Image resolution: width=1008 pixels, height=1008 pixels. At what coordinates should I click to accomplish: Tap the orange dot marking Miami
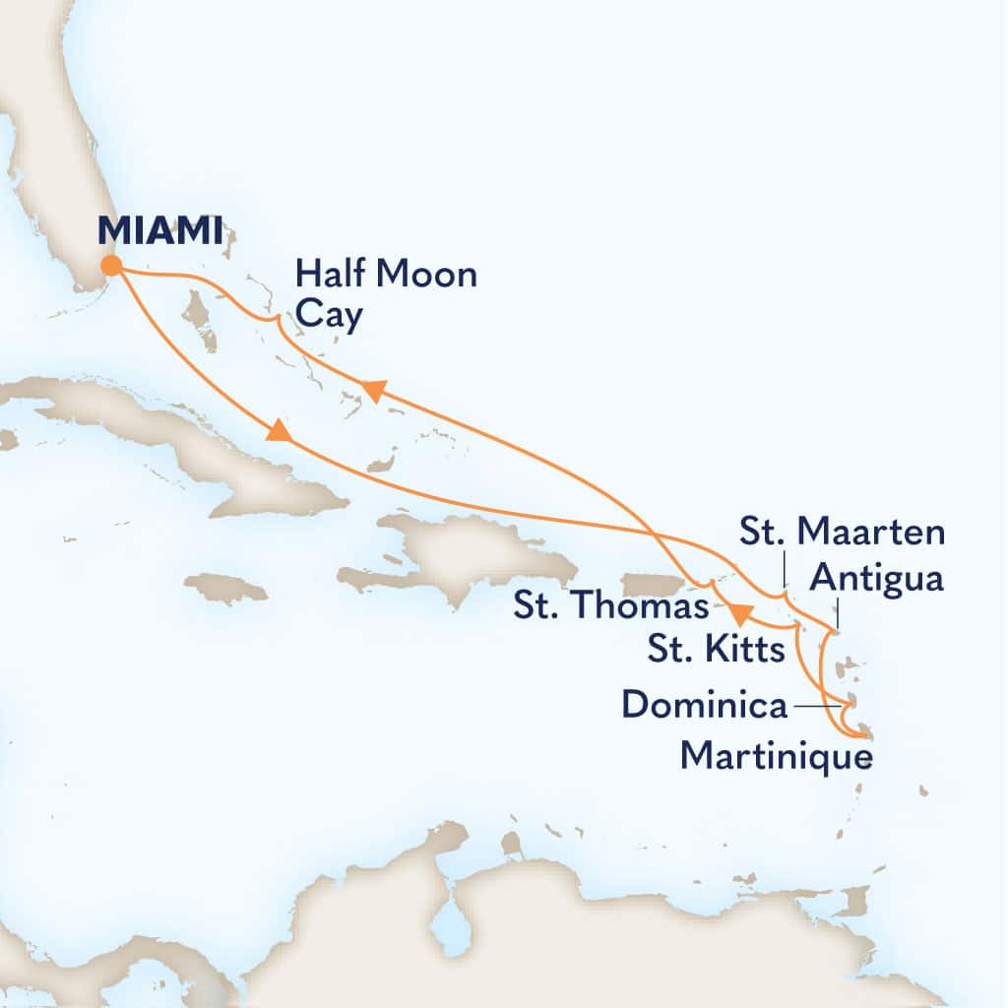point(111,266)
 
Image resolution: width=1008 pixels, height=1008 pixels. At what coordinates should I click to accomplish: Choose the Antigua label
point(875,579)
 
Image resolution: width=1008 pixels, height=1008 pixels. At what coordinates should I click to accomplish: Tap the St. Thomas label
point(610,606)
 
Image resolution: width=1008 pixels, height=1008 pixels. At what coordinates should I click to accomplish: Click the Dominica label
point(705,705)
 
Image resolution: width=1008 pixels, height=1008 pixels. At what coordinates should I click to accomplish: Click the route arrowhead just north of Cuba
point(281,431)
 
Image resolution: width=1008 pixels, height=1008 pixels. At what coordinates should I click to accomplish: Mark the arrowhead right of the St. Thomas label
point(739,614)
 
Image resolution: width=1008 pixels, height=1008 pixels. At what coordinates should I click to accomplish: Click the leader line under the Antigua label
point(838,615)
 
